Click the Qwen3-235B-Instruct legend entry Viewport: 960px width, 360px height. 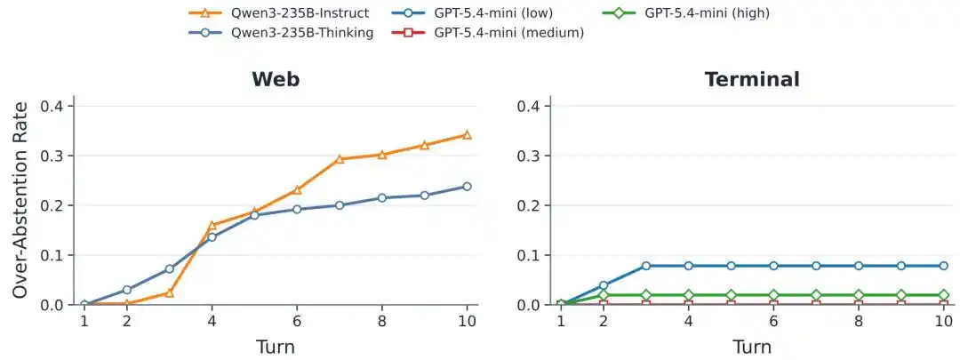point(280,12)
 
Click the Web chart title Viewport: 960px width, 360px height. point(276,80)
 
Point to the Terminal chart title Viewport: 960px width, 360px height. point(752,80)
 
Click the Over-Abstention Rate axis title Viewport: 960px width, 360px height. point(20,200)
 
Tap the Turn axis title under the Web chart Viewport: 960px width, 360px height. point(275,348)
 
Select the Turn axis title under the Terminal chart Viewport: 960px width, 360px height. point(751,348)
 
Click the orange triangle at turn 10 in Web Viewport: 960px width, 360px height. point(467,135)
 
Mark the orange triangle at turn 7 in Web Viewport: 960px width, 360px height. point(340,159)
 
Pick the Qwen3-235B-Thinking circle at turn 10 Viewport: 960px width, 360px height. point(467,186)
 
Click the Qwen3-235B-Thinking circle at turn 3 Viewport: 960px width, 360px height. point(170,268)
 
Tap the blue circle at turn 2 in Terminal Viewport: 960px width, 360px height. point(603,285)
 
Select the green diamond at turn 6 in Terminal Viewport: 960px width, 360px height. point(773,295)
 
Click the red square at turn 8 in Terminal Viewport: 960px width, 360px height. point(859,304)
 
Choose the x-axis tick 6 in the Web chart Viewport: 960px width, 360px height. point(297,321)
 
